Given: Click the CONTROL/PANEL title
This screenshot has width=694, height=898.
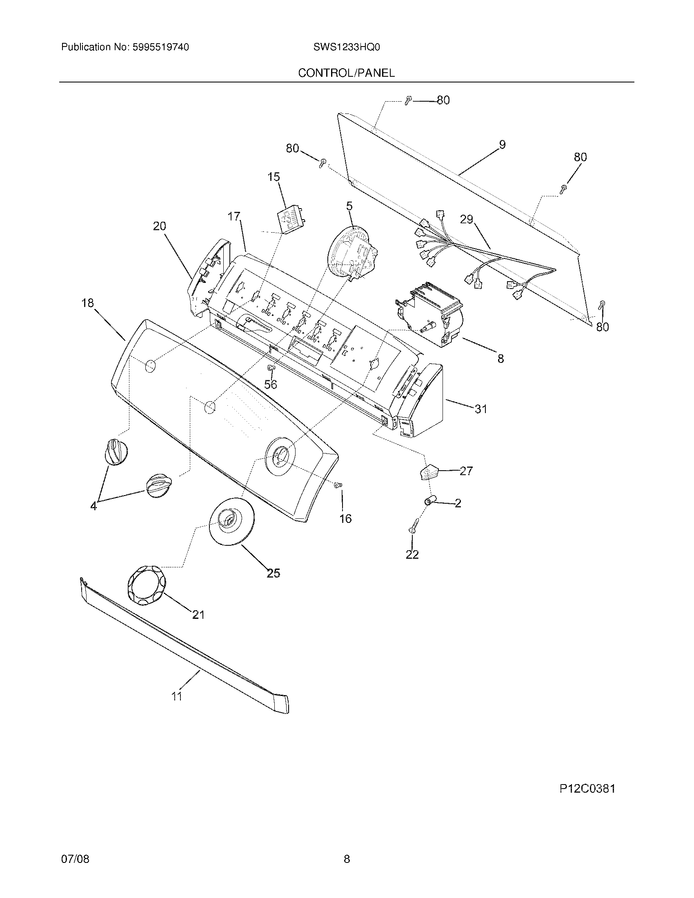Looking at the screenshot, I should coord(346,73).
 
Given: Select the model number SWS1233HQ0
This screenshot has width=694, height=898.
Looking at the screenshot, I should coord(346,47).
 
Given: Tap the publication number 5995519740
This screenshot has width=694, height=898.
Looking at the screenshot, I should coord(160,47).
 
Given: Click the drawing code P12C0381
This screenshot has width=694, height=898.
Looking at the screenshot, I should coord(587,789).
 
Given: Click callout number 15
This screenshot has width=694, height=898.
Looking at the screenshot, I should coord(274,177).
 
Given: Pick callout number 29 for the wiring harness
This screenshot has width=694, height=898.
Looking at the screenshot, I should coord(466,220).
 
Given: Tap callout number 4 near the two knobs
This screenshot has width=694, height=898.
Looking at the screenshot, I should coord(94,506).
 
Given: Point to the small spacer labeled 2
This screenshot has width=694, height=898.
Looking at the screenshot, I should coord(429,501).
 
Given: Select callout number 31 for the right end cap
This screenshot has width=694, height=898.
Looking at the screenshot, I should coord(480,409).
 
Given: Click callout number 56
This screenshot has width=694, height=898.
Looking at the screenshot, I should coord(271,385).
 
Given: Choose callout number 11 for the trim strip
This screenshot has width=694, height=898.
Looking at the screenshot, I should coord(177,696).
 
